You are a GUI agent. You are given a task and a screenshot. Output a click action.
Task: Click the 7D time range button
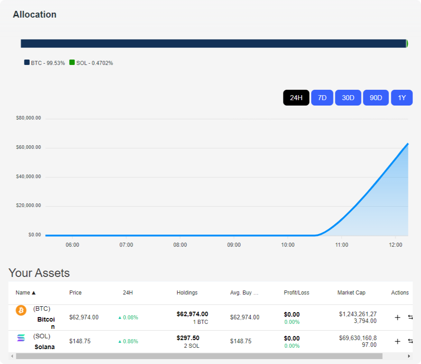(322, 98)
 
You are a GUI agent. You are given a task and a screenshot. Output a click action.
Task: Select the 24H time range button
(296, 98)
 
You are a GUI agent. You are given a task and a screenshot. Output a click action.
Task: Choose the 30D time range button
(348, 98)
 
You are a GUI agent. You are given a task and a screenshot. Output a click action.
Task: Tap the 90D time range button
(376, 98)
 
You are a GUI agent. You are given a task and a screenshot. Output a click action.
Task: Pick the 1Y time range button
(402, 98)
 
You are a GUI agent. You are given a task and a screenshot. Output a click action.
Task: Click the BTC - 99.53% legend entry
(45, 63)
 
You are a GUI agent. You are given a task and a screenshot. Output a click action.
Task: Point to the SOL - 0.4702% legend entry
(91, 63)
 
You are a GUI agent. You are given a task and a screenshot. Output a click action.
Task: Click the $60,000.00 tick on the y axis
(28, 147)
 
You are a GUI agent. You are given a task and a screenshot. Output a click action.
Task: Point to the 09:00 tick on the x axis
(234, 245)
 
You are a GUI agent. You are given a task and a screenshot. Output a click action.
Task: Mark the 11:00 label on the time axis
(342, 245)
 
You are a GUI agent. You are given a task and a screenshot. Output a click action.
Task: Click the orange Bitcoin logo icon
(21, 310)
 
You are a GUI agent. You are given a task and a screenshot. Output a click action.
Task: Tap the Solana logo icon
(21, 338)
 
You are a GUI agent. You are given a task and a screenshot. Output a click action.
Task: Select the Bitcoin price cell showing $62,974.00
(84, 317)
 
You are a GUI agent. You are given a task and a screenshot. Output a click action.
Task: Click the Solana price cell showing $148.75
(80, 341)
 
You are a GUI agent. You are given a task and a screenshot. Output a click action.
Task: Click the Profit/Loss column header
(296, 293)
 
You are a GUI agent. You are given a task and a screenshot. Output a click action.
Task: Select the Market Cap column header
(352, 293)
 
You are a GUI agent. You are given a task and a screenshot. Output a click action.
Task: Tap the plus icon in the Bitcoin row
(398, 318)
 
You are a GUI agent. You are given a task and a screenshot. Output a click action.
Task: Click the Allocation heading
(35, 14)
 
